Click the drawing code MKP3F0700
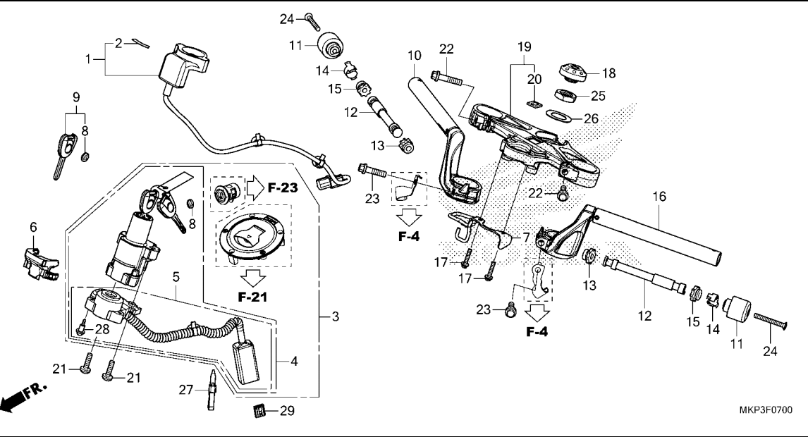click(x=766, y=410)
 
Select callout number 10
click(x=414, y=55)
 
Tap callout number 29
click(x=287, y=410)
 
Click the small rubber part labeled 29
click(x=259, y=410)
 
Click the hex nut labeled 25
click(x=567, y=94)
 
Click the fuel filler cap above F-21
click(x=249, y=238)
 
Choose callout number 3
click(x=336, y=317)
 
